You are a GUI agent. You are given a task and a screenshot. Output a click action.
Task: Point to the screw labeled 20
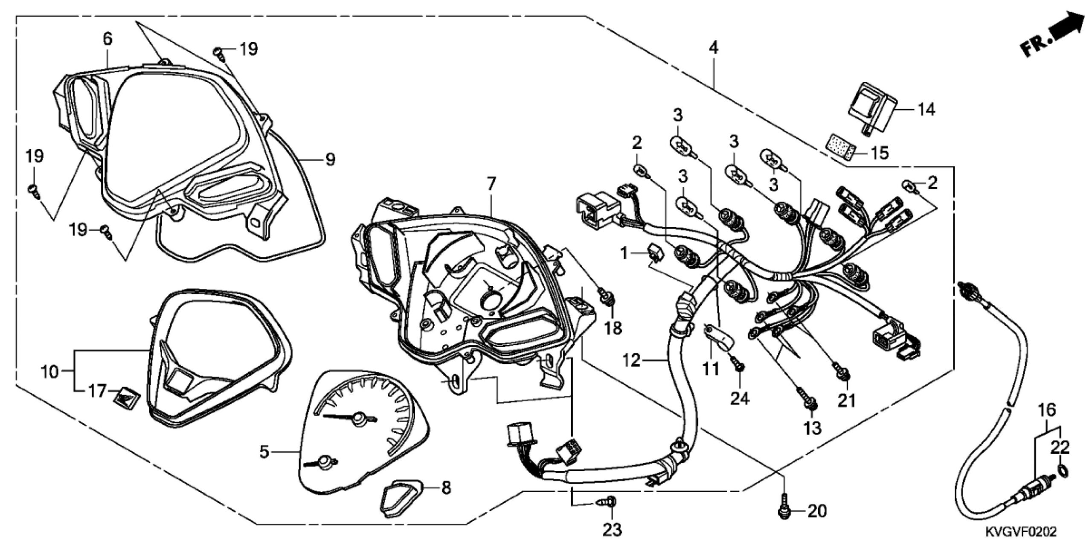click(x=784, y=510)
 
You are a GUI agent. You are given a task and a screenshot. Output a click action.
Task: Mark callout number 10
click(x=50, y=371)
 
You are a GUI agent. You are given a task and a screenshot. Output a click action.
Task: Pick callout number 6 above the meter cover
click(x=107, y=39)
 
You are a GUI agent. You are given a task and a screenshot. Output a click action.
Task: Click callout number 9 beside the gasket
click(x=330, y=160)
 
